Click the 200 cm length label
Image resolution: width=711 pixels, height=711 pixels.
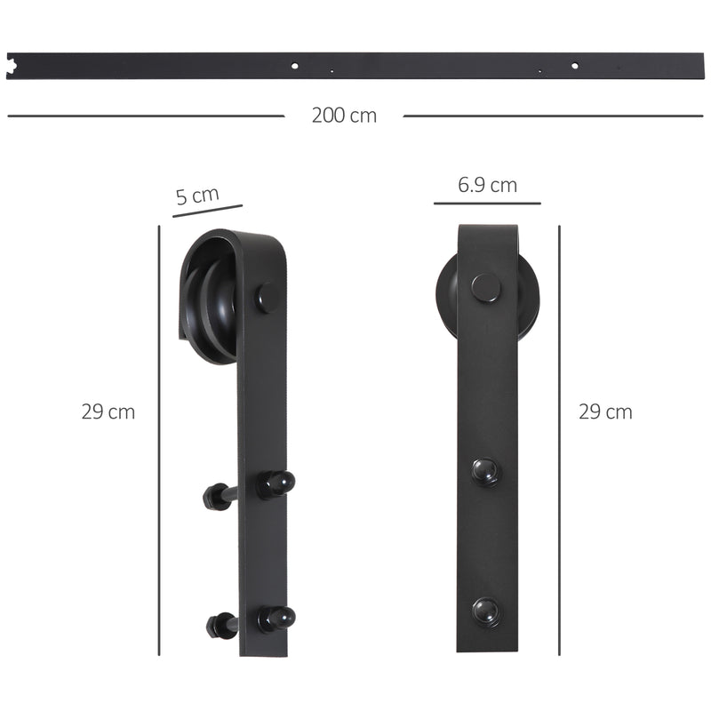click(x=344, y=116)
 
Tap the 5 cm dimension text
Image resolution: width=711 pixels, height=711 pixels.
click(x=196, y=196)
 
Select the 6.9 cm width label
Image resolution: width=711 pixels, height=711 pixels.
click(x=487, y=185)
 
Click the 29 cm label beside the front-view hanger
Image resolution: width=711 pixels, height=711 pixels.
click(x=605, y=411)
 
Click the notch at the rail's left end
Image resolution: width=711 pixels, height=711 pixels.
click(x=12, y=64)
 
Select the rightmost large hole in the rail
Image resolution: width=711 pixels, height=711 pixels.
click(x=574, y=65)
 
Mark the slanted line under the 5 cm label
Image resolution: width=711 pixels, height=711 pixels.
click(x=207, y=212)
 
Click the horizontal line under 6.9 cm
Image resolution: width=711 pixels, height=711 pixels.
click(x=487, y=204)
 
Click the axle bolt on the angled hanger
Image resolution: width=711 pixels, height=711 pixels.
click(x=267, y=297)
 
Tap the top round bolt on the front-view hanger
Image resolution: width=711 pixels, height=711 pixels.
click(x=485, y=287)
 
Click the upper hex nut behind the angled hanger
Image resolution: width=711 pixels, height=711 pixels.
click(x=215, y=496)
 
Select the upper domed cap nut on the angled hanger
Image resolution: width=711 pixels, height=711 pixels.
click(x=276, y=484)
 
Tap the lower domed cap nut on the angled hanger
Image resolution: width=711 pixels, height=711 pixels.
click(x=276, y=618)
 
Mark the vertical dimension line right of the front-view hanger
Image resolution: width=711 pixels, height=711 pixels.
click(x=559, y=440)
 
